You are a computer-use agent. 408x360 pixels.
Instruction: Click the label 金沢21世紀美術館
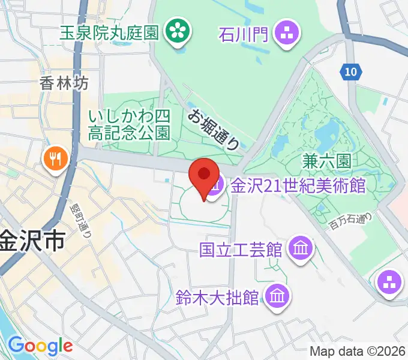point(298,185)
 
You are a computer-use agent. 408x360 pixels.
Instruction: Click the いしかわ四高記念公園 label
point(130,125)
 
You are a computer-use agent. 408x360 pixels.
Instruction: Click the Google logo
point(40,346)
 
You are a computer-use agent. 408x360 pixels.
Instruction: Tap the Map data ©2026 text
point(358,351)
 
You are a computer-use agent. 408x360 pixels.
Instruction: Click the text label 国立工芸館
point(241,248)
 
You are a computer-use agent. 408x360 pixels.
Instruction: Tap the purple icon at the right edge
point(390,283)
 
